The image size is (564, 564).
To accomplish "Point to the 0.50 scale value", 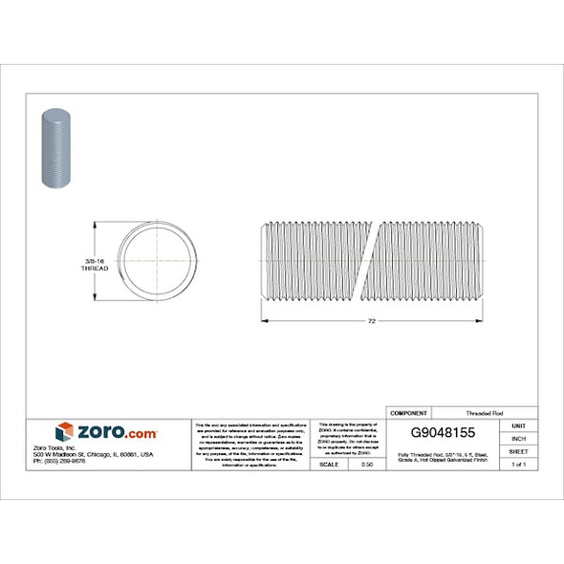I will coord(366,464).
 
